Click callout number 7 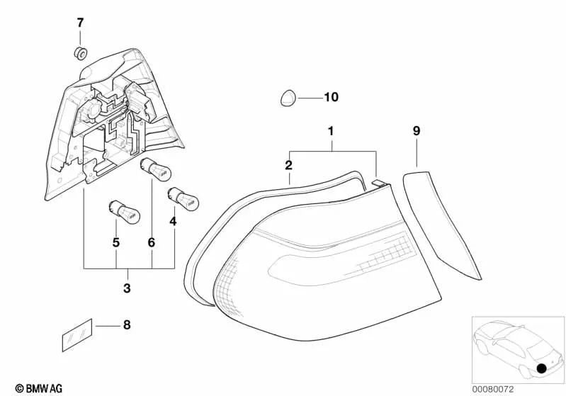[80, 23]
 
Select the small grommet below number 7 [81, 53]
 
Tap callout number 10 [331, 97]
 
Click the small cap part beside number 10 [288, 98]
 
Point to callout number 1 [331, 131]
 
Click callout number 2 [288, 165]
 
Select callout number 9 [417, 130]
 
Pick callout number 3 [127, 288]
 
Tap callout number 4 [173, 221]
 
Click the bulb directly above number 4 [183, 198]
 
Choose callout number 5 [115, 242]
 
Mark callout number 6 [152, 242]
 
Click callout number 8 [127, 325]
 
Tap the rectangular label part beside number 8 [77, 335]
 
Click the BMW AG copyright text [39, 388]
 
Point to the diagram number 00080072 [493, 389]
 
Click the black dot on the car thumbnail [541, 368]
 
